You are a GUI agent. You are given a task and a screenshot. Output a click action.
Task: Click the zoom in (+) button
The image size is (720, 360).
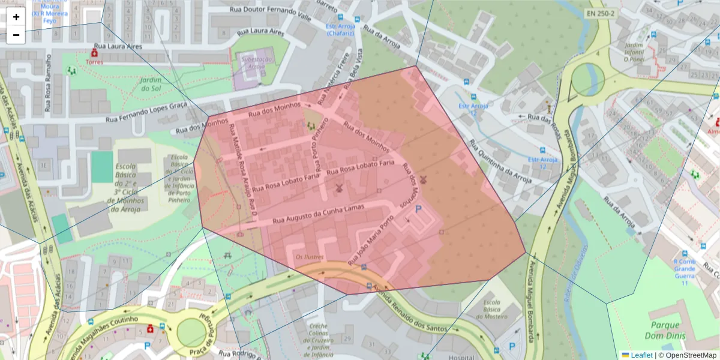[16, 17]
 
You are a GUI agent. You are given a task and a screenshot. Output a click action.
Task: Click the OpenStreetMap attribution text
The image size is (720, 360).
[687, 355]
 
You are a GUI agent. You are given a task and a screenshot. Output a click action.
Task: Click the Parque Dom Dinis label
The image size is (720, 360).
[665, 331]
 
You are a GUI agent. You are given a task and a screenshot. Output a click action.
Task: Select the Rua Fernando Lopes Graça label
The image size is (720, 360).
[146, 112]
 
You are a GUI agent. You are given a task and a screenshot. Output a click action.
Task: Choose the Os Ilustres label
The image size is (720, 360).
[310, 257]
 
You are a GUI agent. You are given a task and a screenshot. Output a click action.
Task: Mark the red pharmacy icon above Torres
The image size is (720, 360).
[94, 53]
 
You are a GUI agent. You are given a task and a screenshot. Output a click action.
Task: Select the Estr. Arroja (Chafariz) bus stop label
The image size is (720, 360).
[340, 29]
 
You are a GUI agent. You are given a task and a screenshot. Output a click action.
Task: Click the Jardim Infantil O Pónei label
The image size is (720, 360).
[634, 52]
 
